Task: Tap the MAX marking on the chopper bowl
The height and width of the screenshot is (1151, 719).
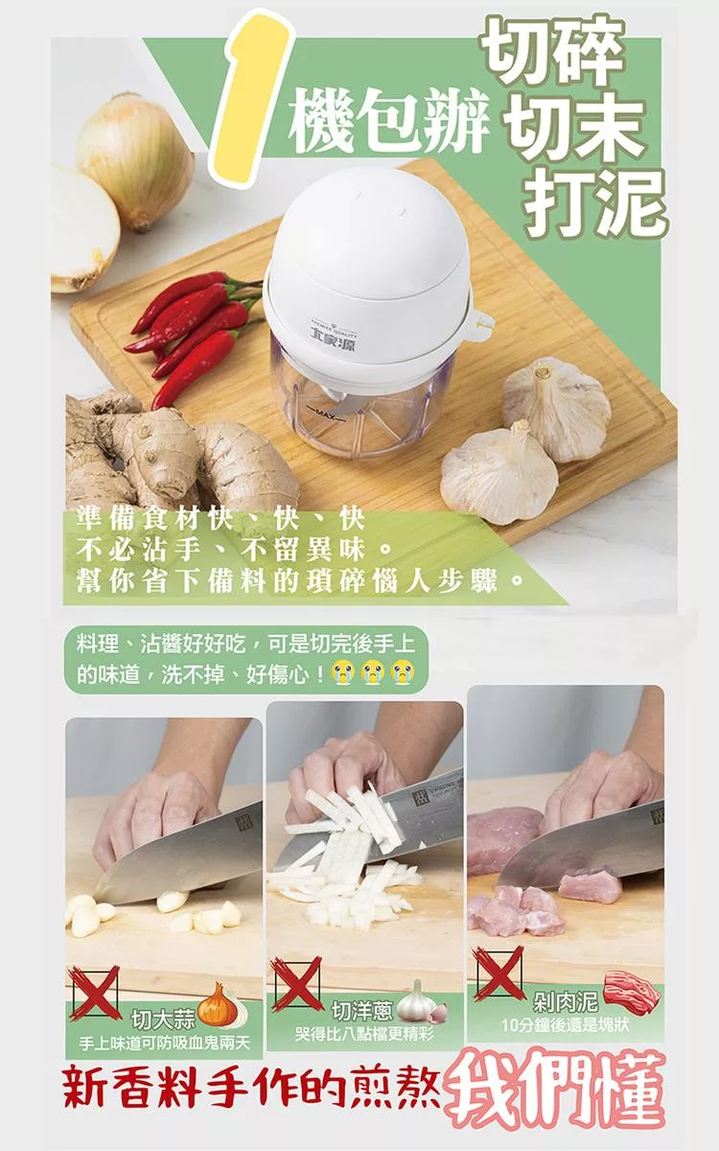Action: [325, 413]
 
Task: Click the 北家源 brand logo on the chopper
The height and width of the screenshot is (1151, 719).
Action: [334, 343]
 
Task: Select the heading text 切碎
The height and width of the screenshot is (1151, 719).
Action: [554, 52]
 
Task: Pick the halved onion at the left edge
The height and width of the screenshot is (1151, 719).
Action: [83, 228]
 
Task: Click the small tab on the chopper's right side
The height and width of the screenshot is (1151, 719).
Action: [481, 325]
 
